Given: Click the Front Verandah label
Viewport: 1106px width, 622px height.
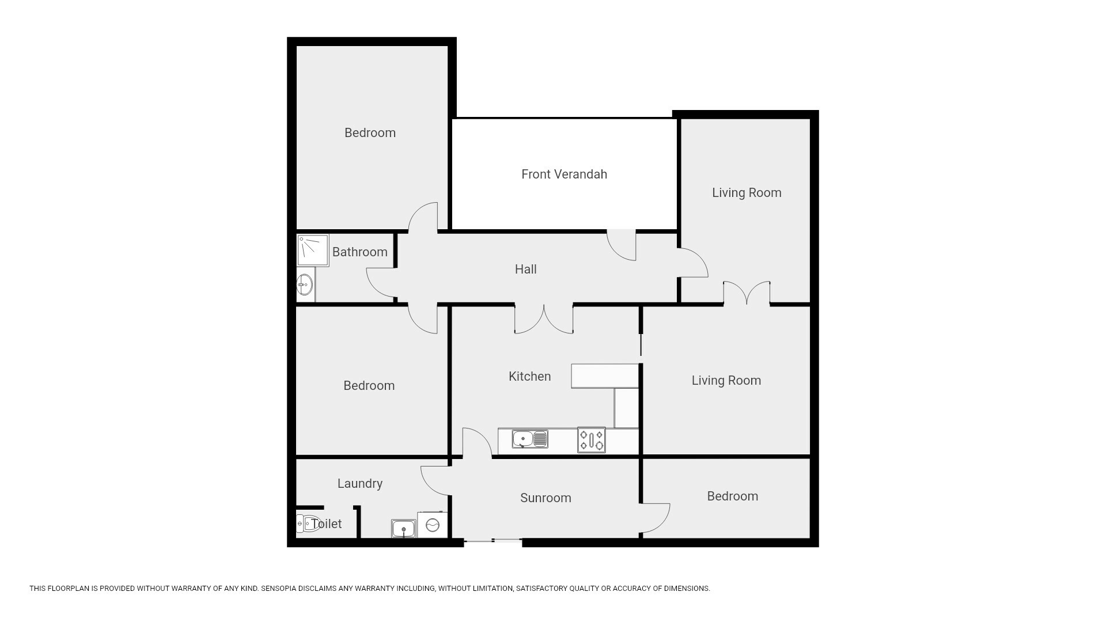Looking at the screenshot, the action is pos(564,174).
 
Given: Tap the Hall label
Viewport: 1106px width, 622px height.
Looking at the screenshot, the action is pos(525,269).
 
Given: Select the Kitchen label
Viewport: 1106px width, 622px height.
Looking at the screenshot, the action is pos(529,376).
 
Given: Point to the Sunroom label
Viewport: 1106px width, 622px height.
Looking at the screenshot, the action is pos(546,498).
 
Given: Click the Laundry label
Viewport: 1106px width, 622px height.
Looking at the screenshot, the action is pos(360,484).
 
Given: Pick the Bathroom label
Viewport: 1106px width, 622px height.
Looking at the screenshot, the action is pos(359,252).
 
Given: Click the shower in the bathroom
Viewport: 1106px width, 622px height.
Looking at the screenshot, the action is pos(313,250).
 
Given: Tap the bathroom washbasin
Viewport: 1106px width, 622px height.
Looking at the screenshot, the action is pos(305,284).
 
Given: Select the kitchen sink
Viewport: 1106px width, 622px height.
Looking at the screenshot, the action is pos(529,439).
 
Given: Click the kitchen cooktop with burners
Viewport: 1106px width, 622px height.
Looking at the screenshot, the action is pos(592,440).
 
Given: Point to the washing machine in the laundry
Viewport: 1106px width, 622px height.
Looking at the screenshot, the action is pos(433,525).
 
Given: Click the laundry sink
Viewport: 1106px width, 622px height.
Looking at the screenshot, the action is pos(403,528).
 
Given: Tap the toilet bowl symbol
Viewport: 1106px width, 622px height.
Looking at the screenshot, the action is pos(308,524).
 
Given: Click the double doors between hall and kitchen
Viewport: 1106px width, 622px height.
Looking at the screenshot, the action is pos(544,319).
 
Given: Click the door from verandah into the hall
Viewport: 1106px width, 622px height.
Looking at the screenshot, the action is pos(622,245).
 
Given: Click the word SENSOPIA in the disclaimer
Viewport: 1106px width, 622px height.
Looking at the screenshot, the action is pos(279,589).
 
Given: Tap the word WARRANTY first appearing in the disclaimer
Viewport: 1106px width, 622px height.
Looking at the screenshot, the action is pos(191,589).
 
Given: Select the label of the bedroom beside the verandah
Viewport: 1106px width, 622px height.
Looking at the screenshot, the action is pos(370,132).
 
